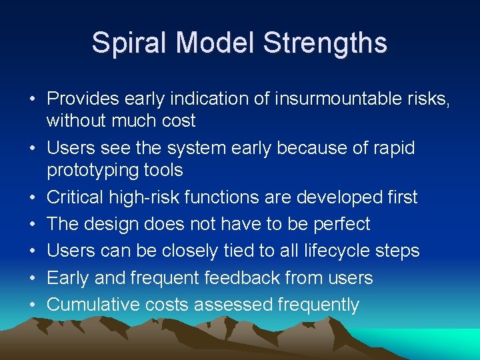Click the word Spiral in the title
tap(123, 43)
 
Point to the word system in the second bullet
tap(188, 147)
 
